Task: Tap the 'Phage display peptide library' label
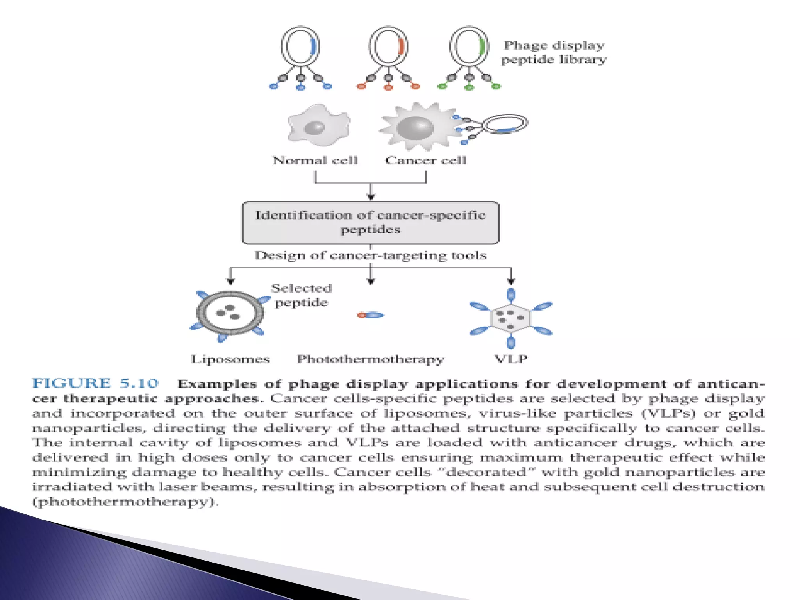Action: pyautogui.click(x=554, y=52)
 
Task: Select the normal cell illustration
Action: pyautogui.click(x=318, y=125)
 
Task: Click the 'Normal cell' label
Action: pyautogui.click(x=315, y=161)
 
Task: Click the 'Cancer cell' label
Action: pyautogui.click(x=426, y=161)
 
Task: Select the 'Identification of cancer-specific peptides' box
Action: pyautogui.click(x=370, y=223)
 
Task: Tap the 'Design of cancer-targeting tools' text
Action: pyautogui.click(x=370, y=255)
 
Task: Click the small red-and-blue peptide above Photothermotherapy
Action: pyautogui.click(x=370, y=315)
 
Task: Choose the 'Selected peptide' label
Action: pyautogui.click(x=302, y=295)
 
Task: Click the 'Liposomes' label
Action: pyautogui.click(x=230, y=359)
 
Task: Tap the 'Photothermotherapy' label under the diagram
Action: pyautogui.click(x=370, y=359)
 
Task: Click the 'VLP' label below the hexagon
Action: pyautogui.click(x=511, y=359)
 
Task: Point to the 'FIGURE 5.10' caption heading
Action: pyautogui.click(x=96, y=383)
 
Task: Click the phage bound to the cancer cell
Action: pyautogui.click(x=504, y=124)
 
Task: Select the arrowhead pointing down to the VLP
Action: pyautogui.click(x=511, y=280)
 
